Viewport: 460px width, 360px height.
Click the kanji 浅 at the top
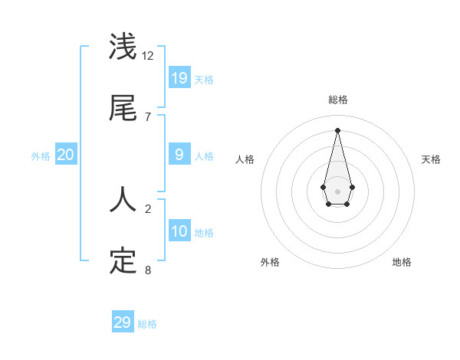pos(123,47)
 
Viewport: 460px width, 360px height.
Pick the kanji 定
pos(123,261)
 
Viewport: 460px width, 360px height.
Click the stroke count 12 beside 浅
pos(148,56)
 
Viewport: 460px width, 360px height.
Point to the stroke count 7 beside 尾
pos(148,116)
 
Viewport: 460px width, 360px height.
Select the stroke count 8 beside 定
pos(148,270)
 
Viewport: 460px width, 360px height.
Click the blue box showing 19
pos(179,77)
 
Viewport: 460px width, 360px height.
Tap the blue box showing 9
pos(179,155)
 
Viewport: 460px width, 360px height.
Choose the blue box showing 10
pos(179,231)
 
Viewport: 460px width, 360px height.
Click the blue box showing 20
pos(66,155)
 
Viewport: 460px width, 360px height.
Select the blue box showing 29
pos(123,322)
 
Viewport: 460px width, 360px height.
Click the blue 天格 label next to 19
pos(204,80)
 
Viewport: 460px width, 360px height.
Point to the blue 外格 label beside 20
pos(41,156)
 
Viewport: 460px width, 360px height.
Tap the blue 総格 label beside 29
pos(147,324)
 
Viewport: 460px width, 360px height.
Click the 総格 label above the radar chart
pos(337,100)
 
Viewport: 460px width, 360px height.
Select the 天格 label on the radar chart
pos(431,159)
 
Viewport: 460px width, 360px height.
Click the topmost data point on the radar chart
pos(337,129)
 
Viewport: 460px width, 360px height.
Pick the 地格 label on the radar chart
pos(402,262)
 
